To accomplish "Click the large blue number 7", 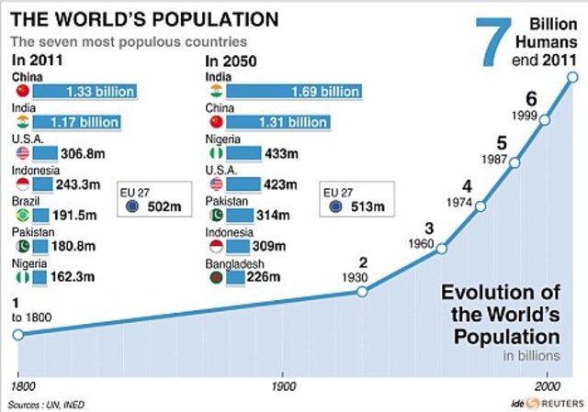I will click(x=492, y=41).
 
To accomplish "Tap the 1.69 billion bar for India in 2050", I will click(x=293, y=92).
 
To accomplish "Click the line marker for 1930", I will click(x=362, y=292).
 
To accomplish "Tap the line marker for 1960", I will click(x=442, y=249).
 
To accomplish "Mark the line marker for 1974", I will click(x=480, y=206).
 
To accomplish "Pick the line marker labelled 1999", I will click(x=545, y=119).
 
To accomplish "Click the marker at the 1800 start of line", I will click(x=17, y=334).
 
